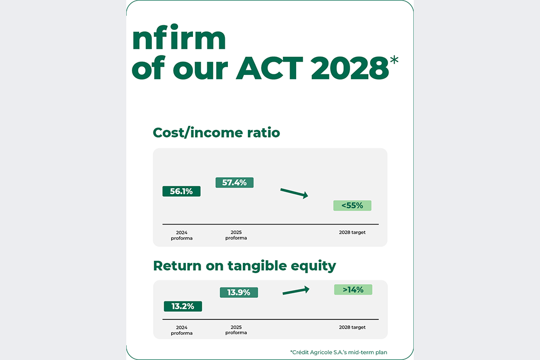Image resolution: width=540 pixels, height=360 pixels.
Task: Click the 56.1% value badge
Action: tap(182, 191)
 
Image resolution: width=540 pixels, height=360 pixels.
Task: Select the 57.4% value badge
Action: tap(235, 183)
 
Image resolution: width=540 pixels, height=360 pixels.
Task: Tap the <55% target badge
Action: tap(352, 205)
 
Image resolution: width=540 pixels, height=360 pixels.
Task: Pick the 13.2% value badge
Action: tap(183, 306)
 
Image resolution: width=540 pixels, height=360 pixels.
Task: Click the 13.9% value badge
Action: tap(239, 293)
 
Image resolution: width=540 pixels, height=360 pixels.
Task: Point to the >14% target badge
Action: tap(353, 290)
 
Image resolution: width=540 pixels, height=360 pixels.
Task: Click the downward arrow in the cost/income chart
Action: tap(294, 193)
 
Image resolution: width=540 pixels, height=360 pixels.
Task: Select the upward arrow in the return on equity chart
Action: tap(296, 291)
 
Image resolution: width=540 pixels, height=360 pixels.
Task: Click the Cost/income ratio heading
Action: tap(216, 132)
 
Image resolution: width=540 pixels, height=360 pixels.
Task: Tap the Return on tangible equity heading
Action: tap(244, 267)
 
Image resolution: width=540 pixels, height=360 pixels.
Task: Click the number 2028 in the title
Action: tap(350, 68)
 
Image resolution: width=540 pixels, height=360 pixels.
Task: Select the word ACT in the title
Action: tap(269, 68)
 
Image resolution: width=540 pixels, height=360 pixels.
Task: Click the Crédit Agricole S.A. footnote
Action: tap(339, 352)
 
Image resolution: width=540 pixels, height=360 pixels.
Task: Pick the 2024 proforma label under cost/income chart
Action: tap(182, 235)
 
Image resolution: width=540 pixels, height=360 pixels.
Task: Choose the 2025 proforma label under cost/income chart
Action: tap(236, 235)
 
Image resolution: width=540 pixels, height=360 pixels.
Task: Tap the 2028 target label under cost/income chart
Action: tap(352, 232)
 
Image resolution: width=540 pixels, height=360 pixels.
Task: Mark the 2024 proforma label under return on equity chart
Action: tap(182, 330)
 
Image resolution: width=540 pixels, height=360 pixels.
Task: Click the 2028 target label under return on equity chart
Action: tap(352, 327)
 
